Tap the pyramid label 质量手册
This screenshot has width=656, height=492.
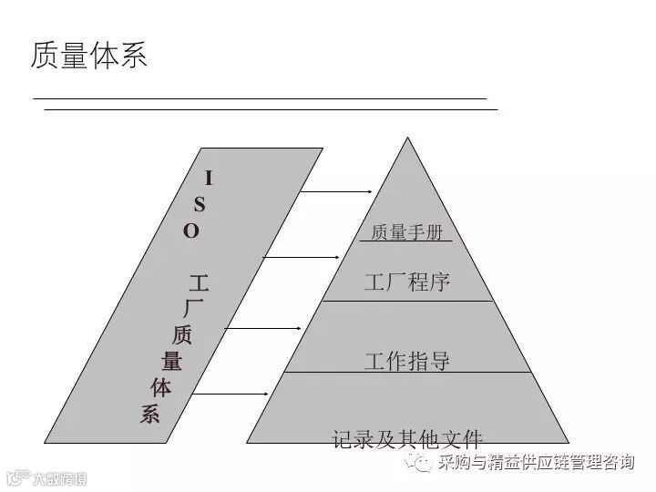[405, 232]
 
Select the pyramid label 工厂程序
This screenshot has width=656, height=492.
[407, 281]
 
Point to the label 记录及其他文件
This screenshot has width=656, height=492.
[407, 439]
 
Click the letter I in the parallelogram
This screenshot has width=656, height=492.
[208, 179]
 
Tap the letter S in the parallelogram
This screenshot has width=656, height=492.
[200, 204]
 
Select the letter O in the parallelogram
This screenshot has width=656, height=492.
[191, 231]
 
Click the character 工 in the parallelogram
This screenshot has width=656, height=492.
[200, 282]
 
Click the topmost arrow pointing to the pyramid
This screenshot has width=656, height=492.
[337, 192]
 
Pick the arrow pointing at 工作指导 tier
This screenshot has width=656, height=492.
[263, 327]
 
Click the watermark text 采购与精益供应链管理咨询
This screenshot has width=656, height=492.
[536, 463]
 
